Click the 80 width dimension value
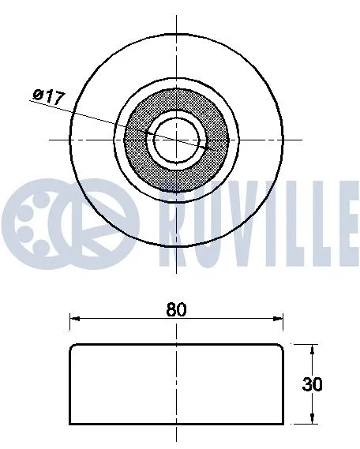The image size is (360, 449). (x=176, y=310)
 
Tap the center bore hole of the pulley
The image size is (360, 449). (x=177, y=139)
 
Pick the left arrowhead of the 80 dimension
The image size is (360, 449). (x=74, y=320)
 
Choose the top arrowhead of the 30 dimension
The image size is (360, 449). (x=313, y=348)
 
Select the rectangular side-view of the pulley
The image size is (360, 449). (x=176, y=384)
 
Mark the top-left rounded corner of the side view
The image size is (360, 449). (x=72, y=346)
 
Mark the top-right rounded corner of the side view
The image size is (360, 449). (x=281, y=346)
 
